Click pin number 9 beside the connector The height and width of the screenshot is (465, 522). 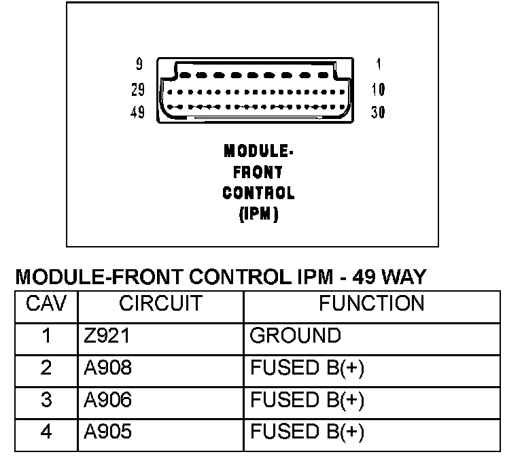139,65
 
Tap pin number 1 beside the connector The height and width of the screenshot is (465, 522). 378,65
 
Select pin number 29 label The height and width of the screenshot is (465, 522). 137,90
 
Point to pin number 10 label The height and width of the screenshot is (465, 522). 378,90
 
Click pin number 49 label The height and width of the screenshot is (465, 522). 137,113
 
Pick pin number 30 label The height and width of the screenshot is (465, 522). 378,113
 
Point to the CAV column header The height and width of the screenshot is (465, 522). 46,304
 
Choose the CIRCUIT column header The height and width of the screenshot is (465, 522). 161,304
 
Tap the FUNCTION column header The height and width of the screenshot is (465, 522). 371,304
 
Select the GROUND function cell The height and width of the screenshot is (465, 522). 296,336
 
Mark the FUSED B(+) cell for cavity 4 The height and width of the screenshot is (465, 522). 307,432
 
